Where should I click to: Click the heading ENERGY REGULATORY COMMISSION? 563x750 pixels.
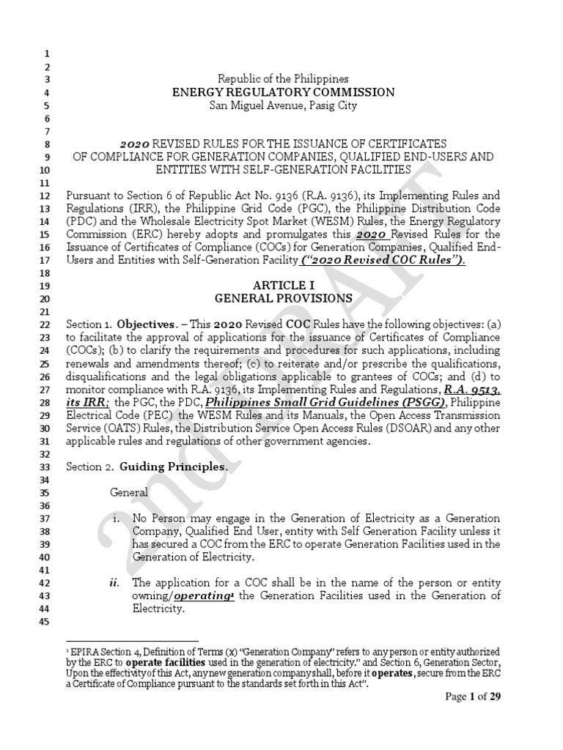283,92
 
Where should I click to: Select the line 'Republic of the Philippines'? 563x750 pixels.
283,78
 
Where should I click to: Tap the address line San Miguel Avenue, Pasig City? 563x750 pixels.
283,105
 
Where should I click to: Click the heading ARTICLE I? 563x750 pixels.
283,285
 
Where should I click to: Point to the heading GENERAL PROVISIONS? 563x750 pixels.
283,298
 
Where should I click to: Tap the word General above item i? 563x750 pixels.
129,493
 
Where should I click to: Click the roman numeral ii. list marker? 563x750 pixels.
114,583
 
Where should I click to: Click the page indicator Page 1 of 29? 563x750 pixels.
474,697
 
